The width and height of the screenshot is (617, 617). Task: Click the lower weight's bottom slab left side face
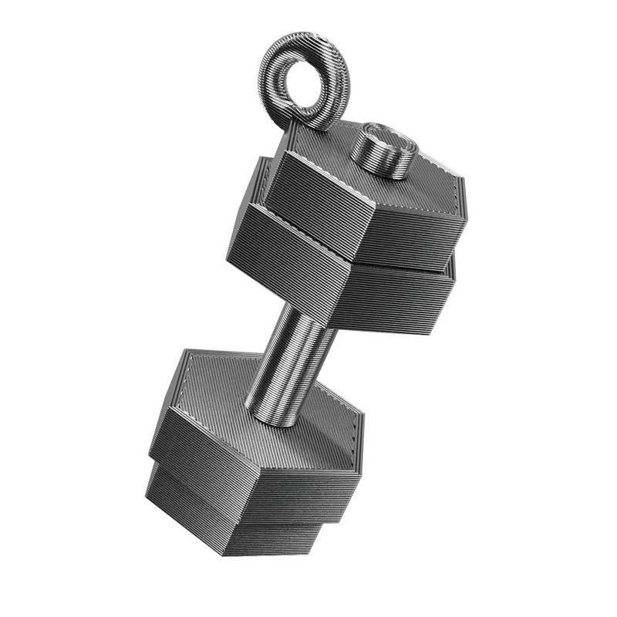185,505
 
